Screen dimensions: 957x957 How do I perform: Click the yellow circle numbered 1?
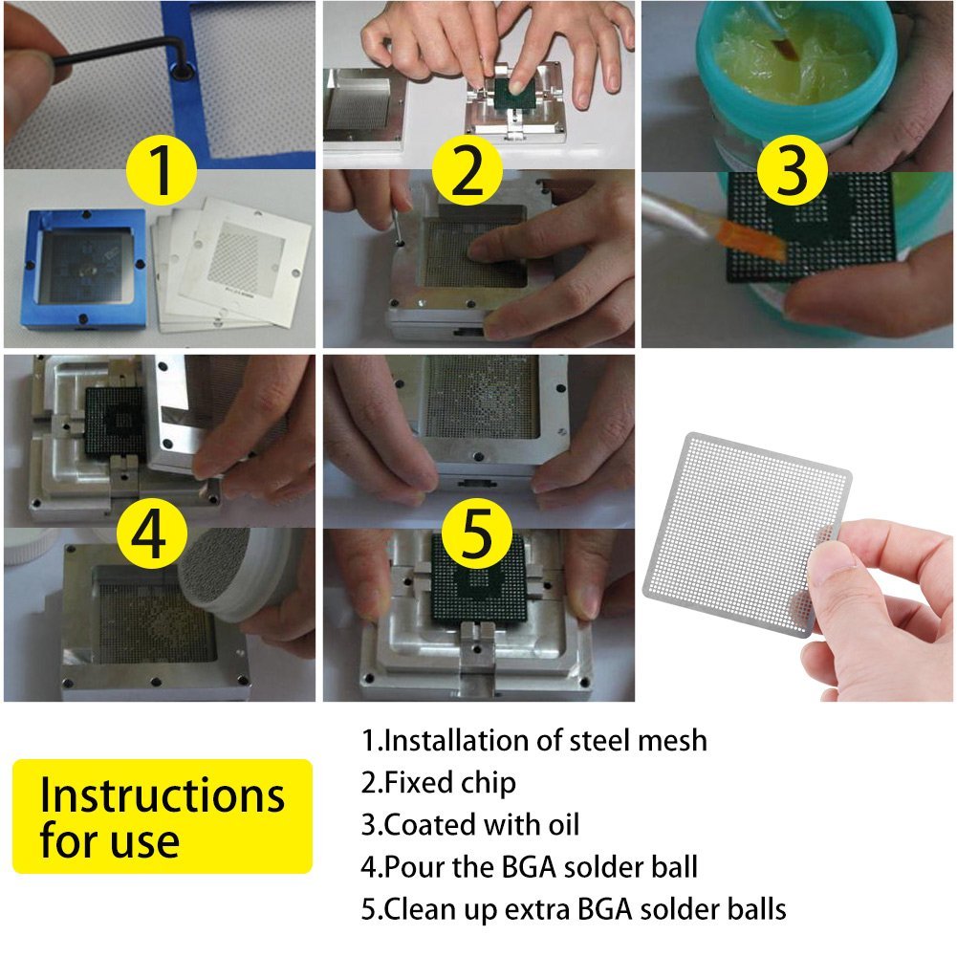tap(161, 172)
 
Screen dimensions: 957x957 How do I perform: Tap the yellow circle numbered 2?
tap(467, 172)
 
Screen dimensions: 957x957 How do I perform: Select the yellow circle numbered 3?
tap(793, 172)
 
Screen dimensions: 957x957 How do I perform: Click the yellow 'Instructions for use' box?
tap(163, 816)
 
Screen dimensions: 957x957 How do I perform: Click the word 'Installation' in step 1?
tap(449, 740)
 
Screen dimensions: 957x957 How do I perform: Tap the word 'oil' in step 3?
tap(559, 824)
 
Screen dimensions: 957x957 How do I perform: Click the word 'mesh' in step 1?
tap(673, 740)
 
